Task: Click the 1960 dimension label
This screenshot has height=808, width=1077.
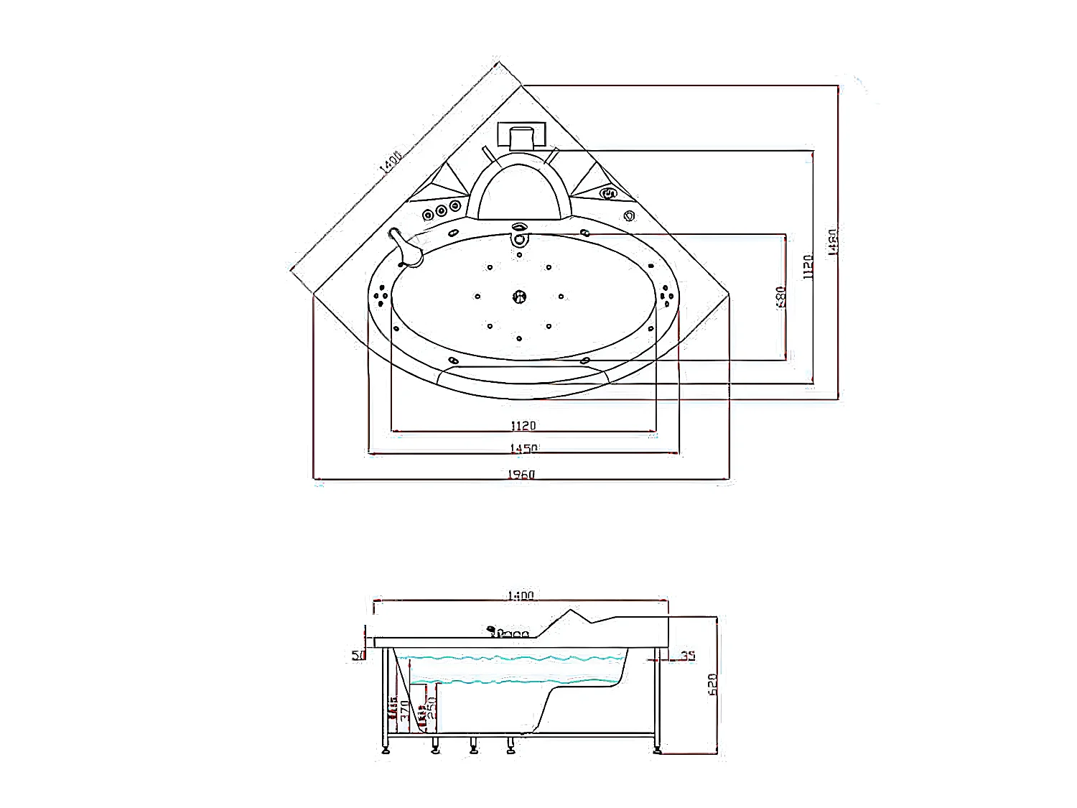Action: click(521, 474)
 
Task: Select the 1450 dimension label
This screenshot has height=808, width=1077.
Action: click(523, 449)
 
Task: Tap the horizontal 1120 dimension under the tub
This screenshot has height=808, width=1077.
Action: click(523, 426)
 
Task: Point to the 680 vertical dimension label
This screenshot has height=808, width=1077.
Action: click(781, 297)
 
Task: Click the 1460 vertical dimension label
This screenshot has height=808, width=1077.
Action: click(833, 242)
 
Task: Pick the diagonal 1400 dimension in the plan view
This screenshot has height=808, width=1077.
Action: click(391, 162)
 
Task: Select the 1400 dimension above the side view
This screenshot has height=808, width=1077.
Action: click(521, 595)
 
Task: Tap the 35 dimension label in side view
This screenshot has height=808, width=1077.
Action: click(688, 656)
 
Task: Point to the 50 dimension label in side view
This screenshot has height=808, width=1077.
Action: click(358, 655)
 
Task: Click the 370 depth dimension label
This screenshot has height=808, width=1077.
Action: click(405, 710)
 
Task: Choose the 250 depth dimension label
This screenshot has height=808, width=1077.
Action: click(432, 710)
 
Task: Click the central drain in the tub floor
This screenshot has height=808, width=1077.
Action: click(519, 296)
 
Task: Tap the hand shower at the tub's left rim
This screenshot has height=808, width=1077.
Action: click(406, 248)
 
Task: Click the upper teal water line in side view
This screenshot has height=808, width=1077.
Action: click(510, 658)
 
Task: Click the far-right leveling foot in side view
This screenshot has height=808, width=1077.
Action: click(657, 749)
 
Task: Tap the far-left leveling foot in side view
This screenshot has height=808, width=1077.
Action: click(388, 749)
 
